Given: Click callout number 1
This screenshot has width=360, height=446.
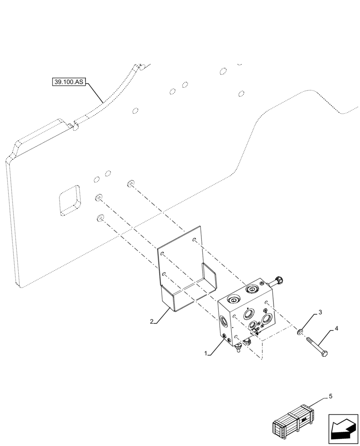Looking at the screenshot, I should (206, 353).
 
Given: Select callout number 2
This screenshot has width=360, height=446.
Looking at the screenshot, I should (152, 321).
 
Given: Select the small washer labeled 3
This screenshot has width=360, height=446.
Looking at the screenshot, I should (301, 332).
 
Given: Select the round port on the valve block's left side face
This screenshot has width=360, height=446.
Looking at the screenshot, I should (222, 320).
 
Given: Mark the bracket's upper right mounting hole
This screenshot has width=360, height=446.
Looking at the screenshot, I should (194, 241).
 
